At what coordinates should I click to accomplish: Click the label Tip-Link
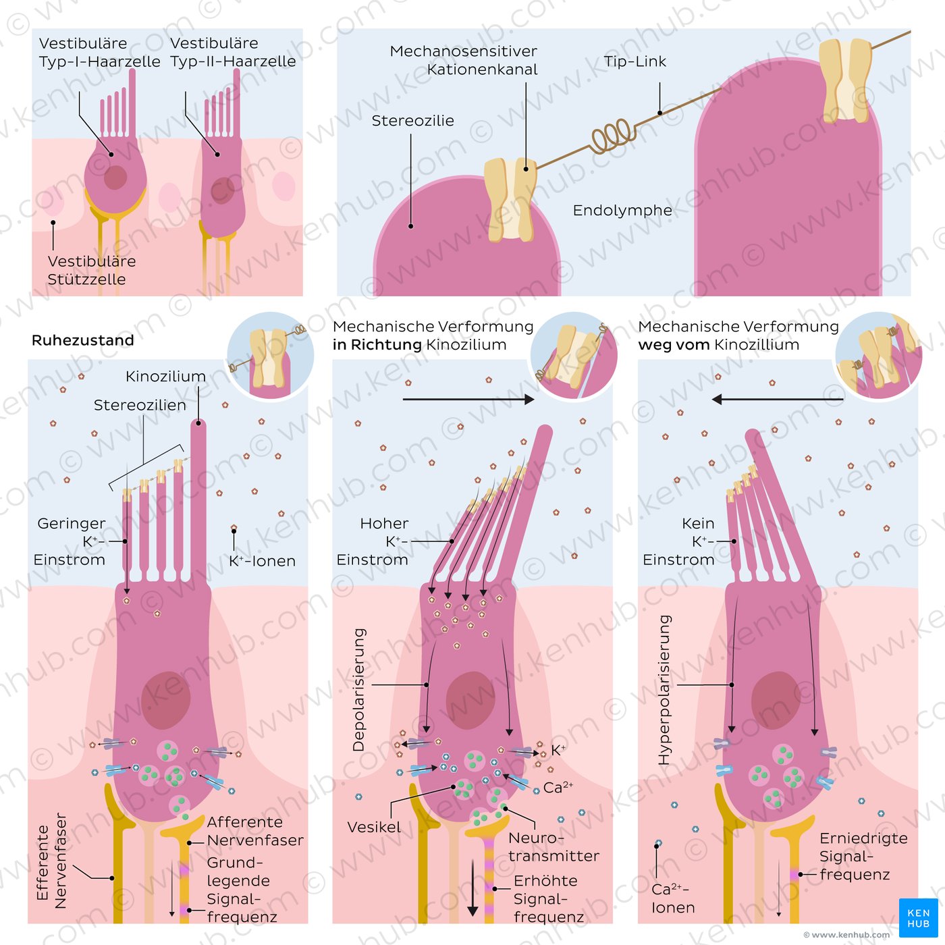(634, 61)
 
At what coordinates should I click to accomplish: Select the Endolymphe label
(622, 210)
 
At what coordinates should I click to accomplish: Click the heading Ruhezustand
(83, 340)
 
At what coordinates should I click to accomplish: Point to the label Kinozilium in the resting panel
(165, 377)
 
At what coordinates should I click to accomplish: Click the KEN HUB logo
(918, 917)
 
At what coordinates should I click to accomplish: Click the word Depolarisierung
(359, 689)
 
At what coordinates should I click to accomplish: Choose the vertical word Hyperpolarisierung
(665, 689)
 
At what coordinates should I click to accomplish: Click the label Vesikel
(374, 828)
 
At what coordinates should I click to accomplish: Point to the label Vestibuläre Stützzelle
(87, 270)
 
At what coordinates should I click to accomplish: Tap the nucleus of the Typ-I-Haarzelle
(115, 178)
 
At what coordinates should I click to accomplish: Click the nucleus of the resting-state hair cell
(165, 701)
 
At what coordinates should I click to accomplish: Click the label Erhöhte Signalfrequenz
(548, 898)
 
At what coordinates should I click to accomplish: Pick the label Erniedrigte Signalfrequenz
(863, 856)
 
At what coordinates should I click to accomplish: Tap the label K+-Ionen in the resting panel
(262, 561)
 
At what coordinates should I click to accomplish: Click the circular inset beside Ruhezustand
(270, 355)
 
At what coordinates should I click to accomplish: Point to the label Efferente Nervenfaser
(51, 860)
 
